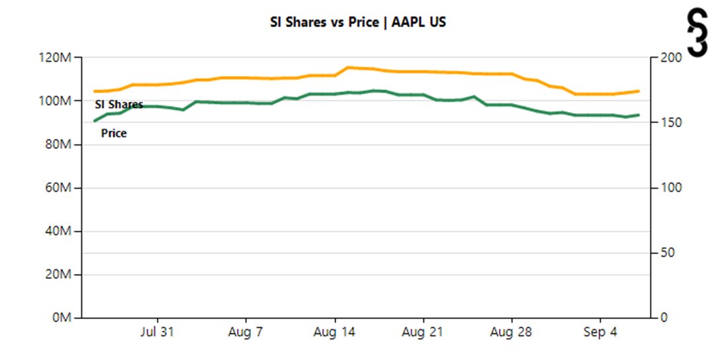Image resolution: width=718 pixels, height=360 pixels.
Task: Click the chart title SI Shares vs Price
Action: coord(358,22)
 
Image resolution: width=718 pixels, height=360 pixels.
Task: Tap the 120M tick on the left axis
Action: coord(56,58)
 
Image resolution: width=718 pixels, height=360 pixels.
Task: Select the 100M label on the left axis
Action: coord(56,101)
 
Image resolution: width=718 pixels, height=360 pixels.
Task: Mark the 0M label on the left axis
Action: coord(61,318)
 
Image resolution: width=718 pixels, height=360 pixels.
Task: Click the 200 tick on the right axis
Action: coord(669,58)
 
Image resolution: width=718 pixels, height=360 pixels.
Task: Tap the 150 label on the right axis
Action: coord(669,123)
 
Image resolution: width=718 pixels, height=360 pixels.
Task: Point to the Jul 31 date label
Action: coord(157,333)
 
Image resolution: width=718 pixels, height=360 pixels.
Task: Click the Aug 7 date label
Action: coord(246,333)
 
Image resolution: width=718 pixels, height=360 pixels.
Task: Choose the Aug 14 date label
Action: coord(334,333)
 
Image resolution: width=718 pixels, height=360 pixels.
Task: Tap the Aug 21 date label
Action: coord(423,333)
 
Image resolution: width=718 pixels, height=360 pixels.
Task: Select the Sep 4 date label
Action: coord(600,333)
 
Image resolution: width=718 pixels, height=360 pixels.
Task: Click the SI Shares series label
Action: coord(119,105)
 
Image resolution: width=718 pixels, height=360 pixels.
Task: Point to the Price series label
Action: coord(114,134)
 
